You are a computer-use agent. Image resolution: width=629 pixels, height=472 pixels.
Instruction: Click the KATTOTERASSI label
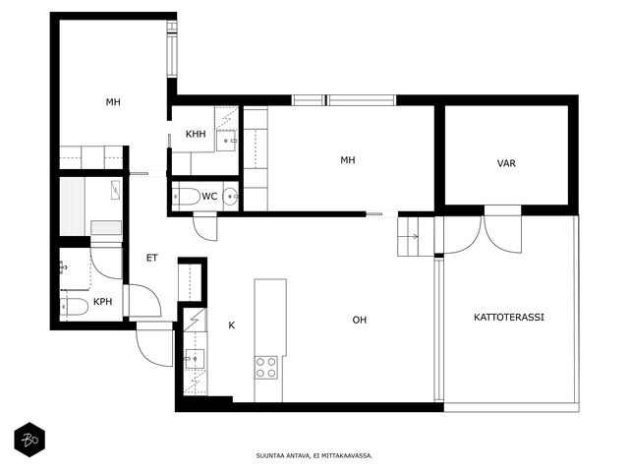[x=509, y=317]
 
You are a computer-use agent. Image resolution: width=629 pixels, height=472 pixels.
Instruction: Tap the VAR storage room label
[x=506, y=163]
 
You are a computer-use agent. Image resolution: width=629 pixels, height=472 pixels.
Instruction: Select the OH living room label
[x=360, y=320]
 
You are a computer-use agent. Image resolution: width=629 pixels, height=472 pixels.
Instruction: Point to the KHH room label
[x=196, y=134]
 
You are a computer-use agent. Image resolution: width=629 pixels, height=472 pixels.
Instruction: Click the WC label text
[x=209, y=197]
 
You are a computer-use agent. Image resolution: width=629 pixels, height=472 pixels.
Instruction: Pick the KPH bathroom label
[x=102, y=302]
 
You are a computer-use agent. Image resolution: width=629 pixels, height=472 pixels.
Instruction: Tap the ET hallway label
[x=152, y=258]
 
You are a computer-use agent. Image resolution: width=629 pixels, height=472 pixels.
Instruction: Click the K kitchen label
[x=232, y=325]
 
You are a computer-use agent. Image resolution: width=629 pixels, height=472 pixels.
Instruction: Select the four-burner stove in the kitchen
[x=266, y=367]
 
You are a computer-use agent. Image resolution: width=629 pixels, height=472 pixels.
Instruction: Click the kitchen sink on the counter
[x=195, y=358]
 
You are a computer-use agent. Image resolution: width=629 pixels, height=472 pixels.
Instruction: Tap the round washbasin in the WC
[x=231, y=197]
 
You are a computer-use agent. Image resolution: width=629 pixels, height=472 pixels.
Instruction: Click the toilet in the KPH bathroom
[x=75, y=307]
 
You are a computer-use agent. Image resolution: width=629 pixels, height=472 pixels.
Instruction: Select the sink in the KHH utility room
[x=227, y=141]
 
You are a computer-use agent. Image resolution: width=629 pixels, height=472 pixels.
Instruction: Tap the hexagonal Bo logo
[x=29, y=440]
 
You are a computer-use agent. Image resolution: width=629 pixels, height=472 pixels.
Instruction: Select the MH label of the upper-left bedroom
[x=113, y=102]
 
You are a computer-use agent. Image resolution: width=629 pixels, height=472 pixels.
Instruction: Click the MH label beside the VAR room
[x=348, y=160]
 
